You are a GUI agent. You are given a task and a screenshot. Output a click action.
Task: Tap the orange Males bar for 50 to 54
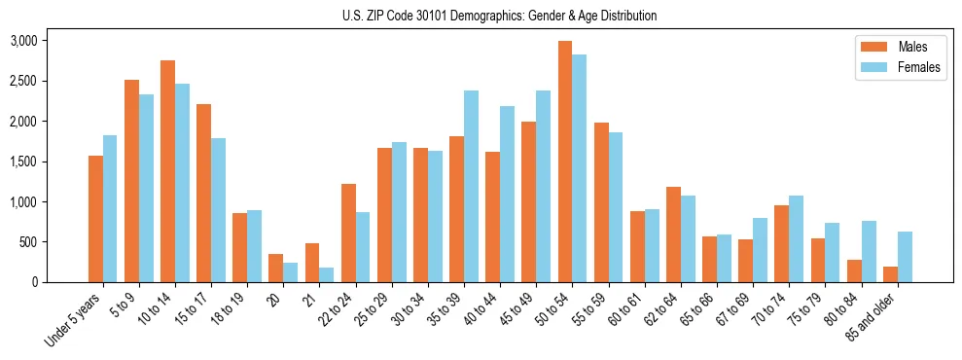564,162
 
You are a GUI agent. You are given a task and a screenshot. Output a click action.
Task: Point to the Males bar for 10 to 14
167,171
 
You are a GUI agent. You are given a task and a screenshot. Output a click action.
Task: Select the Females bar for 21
326,274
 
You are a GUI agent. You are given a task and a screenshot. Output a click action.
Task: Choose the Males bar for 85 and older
889,274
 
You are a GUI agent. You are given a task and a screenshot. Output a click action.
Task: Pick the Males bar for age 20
275,269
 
